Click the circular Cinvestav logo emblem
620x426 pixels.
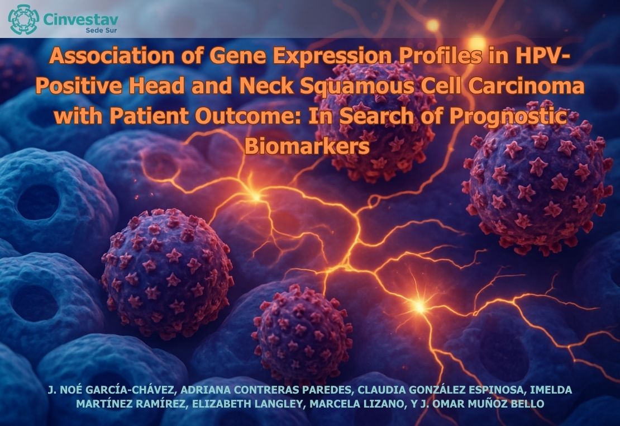(x=23, y=19)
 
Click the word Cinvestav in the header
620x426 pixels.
(x=80, y=18)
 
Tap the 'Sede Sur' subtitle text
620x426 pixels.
(x=101, y=30)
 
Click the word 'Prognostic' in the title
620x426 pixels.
(x=508, y=116)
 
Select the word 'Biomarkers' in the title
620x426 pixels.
(x=307, y=146)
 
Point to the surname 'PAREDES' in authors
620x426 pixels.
(x=326, y=390)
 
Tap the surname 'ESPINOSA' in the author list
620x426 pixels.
(x=496, y=390)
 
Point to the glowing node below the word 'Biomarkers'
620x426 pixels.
(x=255, y=196)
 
